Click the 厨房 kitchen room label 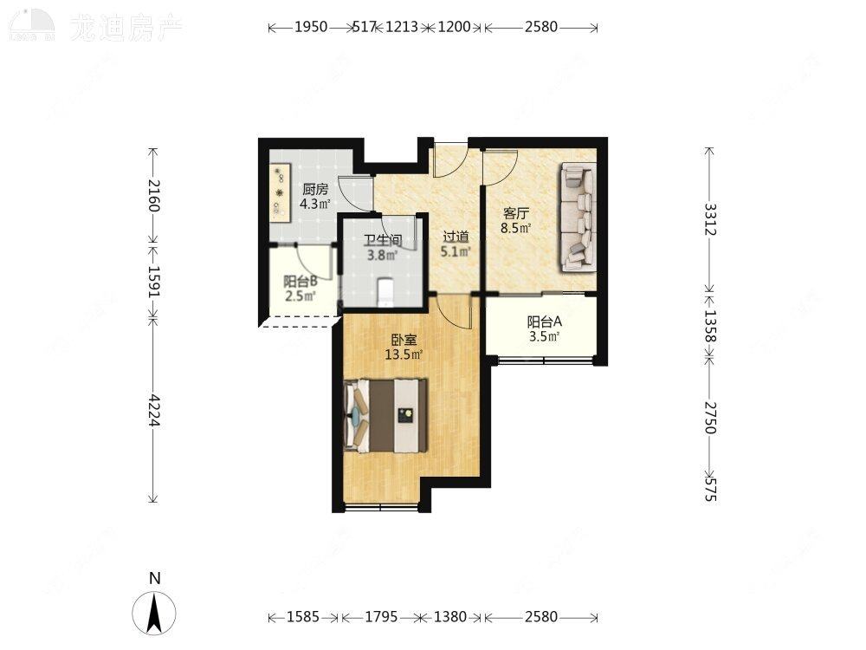(x=315, y=190)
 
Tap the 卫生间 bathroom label (x=381, y=241)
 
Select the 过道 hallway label (x=456, y=237)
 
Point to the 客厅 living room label (x=517, y=213)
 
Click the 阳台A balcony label (x=546, y=322)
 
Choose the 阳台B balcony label (x=300, y=281)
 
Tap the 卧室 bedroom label (x=404, y=340)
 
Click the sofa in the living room (x=578, y=217)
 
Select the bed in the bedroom (x=387, y=415)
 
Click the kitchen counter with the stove (x=280, y=194)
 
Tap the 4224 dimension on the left (x=153, y=411)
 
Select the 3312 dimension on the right (x=709, y=220)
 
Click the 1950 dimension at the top (x=311, y=27)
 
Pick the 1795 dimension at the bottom (x=381, y=617)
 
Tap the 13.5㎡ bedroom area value (x=404, y=354)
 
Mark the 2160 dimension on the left (x=153, y=195)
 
